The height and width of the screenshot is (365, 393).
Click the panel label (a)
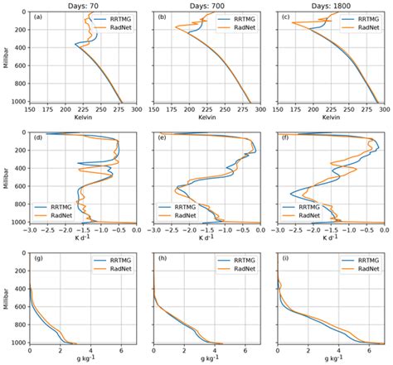point(39,17)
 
